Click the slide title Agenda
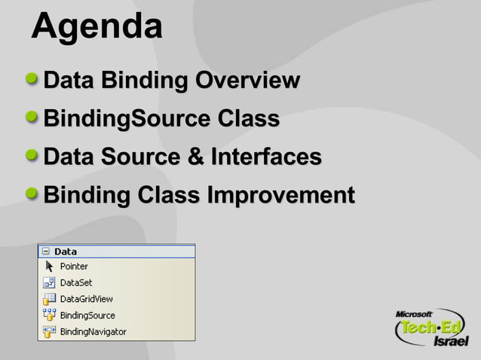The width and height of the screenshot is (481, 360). pos(97,27)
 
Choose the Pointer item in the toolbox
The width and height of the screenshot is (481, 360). pos(74,267)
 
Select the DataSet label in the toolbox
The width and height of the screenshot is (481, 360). pos(75,283)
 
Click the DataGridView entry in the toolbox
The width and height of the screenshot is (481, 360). pos(86,299)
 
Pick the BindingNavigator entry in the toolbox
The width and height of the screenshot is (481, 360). pos(93,332)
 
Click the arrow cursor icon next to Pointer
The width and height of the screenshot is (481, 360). pos(49,267)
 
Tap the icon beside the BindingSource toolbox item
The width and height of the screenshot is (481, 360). pos(49,316)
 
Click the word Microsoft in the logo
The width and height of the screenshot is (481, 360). pos(413,313)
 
